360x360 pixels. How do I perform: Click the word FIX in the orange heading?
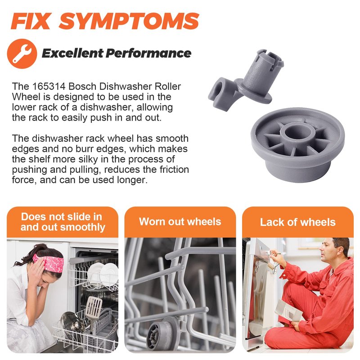coord(31,21)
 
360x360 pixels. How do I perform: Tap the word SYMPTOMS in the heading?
coord(129,21)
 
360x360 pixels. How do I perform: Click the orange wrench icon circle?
coord(22,54)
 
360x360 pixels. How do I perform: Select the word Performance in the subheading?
coord(148,54)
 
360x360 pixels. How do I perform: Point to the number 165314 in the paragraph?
coord(49,86)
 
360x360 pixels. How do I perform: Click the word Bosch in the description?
coord(82,86)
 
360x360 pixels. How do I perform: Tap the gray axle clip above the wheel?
coord(246,80)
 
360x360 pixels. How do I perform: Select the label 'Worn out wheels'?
coord(180,222)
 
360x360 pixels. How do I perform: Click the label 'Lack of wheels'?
coord(298,222)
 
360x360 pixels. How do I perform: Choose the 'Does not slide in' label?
coord(61,216)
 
